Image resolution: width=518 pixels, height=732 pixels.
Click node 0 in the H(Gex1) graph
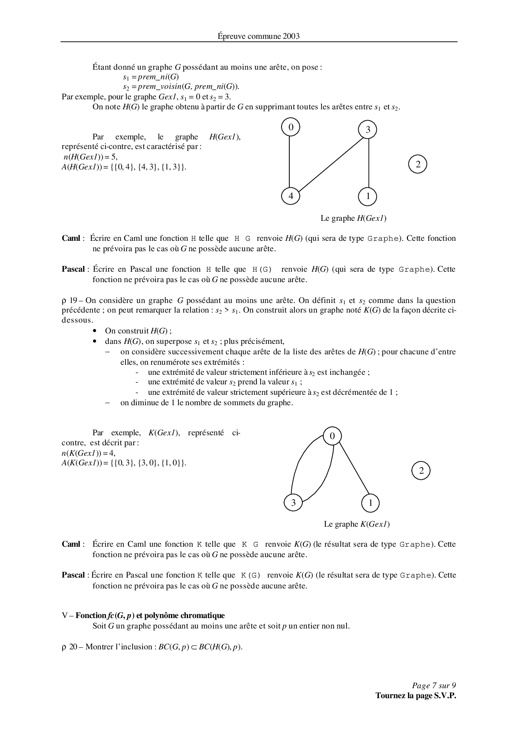(x=291, y=127)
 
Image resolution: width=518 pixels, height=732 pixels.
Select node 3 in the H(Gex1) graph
(x=367, y=130)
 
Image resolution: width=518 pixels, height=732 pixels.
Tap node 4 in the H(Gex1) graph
(x=291, y=196)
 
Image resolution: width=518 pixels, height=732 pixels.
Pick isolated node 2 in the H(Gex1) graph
(x=418, y=164)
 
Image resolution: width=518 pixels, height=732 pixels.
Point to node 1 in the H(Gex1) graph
(x=368, y=196)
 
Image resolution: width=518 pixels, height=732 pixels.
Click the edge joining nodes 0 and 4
(x=289, y=162)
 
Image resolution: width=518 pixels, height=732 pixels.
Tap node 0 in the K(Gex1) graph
(x=332, y=436)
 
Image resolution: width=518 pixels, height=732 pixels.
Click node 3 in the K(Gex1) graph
(x=293, y=503)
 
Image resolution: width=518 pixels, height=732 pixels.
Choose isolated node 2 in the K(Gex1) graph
(x=421, y=471)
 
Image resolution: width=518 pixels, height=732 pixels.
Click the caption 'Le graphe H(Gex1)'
(x=356, y=218)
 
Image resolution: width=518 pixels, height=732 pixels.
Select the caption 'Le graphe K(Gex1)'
(x=357, y=524)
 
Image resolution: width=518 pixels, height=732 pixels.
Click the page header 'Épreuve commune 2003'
(x=259, y=36)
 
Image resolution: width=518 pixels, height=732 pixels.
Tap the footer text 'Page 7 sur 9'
(x=434, y=686)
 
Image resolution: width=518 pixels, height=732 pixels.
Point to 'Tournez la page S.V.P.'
(x=415, y=696)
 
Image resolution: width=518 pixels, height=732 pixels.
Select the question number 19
(x=73, y=300)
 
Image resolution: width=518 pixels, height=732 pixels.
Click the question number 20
(x=73, y=647)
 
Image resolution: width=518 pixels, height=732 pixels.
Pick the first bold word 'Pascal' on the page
(x=73, y=270)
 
